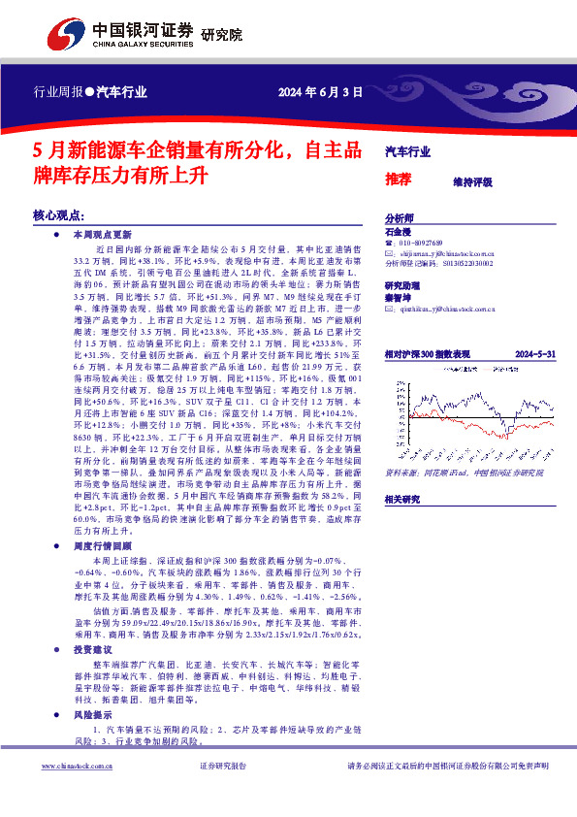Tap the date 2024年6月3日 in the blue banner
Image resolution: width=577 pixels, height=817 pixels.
(x=320, y=93)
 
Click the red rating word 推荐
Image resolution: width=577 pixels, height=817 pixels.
(x=398, y=179)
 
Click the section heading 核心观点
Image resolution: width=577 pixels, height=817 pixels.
(x=60, y=213)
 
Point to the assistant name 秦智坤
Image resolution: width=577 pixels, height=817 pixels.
(x=399, y=299)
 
